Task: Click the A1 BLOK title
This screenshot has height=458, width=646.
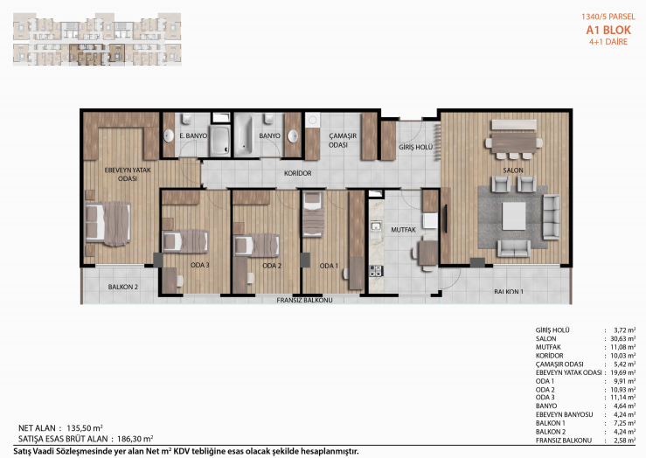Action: (x=608, y=30)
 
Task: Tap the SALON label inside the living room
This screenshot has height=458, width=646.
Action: (x=513, y=170)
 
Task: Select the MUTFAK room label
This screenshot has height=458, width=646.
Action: (x=403, y=230)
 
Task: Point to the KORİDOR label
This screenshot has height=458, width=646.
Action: (x=297, y=173)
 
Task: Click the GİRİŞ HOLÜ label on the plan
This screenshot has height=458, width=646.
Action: (x=415, y=147)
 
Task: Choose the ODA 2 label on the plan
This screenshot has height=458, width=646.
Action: (x=272, y=266)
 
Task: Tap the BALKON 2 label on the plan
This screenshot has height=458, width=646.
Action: (x=122, y=287)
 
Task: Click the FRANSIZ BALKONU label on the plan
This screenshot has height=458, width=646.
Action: (x=304, y=301)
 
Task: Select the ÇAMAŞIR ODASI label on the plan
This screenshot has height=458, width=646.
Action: (x=343, y=140)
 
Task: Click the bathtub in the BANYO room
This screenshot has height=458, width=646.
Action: (x=243, y=135)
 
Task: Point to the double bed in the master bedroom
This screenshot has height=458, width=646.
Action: (x=108, y=224)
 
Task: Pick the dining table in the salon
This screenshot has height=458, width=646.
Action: (x=514, y=142)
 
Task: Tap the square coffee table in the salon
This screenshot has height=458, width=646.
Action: (x=514, y=216)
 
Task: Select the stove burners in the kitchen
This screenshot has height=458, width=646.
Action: (x=376, y=271)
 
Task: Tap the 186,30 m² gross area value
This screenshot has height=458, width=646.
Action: (x=135, y=439)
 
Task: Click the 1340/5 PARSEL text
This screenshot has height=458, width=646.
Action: (x=608, y=17)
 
